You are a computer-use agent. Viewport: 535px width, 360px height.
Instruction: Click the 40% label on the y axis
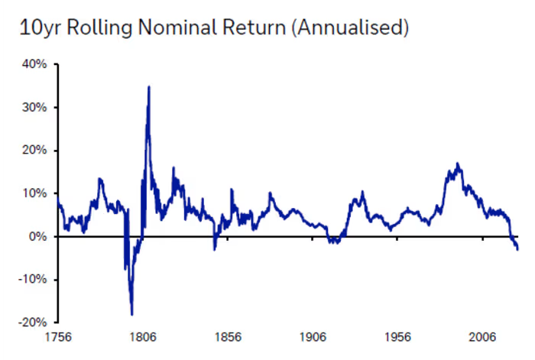click(x=34, y=64)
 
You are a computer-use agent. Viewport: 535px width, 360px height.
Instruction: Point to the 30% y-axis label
click(x=34, y=108)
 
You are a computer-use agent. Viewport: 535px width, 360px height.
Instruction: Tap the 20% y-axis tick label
click(x=34, y=150)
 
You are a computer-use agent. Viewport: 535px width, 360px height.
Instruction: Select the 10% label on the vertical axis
click(x=34, y=193)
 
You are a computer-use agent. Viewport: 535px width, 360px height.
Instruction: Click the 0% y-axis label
click(x=38, y=236)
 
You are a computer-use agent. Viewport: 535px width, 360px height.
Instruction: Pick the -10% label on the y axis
click(x=32, y=280)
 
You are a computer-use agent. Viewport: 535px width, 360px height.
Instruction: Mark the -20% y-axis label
click(x=32, y=323)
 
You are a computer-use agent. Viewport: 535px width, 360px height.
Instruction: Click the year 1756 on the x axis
click(x=58, y=337)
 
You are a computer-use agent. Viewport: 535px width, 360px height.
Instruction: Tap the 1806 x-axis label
click(x=143, y=337)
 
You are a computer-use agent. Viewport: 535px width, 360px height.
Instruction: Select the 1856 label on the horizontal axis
click(x=228, y=337)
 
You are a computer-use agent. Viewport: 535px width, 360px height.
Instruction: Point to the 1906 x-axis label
click(x=313, y=337)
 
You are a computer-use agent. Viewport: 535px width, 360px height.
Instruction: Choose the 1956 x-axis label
click(x=398, y=337)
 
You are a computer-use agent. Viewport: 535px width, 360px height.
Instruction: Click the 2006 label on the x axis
click(x=482, y=337)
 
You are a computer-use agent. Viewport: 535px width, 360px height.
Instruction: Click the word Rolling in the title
click(x=99, y=28)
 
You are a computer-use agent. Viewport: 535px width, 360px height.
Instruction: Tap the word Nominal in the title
click(x=177, y=27)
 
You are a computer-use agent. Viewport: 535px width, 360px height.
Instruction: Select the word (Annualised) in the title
click(x=350, y=28)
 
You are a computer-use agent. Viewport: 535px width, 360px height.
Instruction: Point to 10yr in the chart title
click(x=41, y=28)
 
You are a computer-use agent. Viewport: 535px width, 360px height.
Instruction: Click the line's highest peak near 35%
click(x=149, y=86)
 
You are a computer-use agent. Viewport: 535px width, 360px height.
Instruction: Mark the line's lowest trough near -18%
click(x=132, y=314)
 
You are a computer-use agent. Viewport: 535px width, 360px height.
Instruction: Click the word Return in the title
click(x=255, y=28)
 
